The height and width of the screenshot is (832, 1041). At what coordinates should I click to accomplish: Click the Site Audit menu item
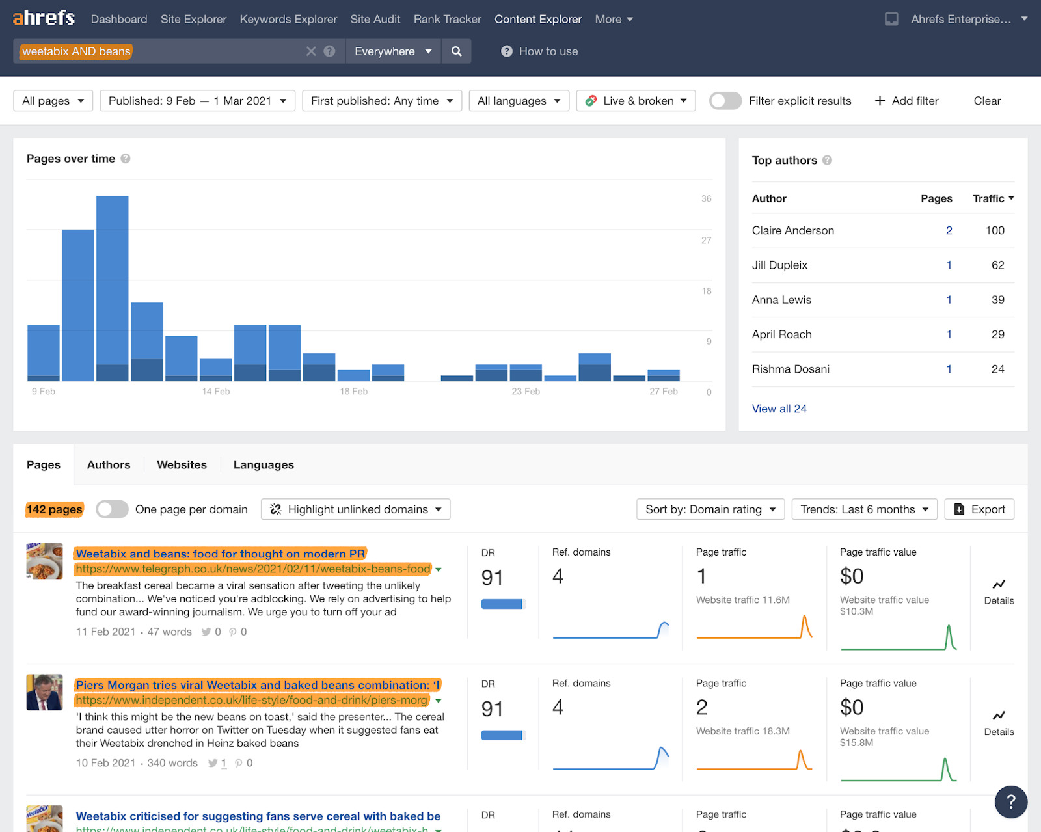click(x=375, y=20)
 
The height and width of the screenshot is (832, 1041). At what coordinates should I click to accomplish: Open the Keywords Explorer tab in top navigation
click(x=288, y=20)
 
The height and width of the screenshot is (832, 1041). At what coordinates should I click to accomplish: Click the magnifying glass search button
click(x=457, y=51)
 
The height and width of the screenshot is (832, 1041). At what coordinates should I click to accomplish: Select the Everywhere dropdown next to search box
click(x=392, y=51)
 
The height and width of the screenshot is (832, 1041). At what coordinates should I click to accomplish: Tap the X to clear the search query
click(x=311, y=51)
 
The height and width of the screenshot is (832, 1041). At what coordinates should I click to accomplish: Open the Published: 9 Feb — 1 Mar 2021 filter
click(x=197, y=101)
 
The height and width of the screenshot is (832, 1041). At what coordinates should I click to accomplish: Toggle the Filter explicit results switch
click(x=725, y=101)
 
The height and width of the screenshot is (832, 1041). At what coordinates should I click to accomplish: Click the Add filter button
click(x=907, y=101)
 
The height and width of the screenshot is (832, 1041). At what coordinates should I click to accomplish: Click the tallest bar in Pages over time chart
click(x=112, y=286)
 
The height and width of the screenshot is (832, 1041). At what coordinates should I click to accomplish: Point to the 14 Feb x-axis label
click(x=216, y=392)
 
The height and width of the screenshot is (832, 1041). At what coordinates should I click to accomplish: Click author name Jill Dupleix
click(x=779, y=265)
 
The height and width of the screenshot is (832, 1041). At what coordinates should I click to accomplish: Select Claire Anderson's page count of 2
click(x=949, y=231)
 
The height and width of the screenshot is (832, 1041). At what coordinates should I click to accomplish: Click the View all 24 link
click(x=779, y=409)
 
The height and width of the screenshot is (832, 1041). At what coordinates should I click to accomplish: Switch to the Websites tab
click(x=182, y=465)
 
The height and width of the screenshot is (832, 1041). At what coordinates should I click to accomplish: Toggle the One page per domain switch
click(x=112, y=509)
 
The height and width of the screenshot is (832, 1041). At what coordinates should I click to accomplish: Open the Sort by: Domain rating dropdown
click(x=710, y=509)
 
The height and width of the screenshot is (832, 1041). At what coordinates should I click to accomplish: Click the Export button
click(x=979, y=509)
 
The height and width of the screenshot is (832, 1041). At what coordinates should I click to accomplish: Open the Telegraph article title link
click(x=220, y=554)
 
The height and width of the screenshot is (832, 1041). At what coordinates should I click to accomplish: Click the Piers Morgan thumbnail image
click(x=44, y=692)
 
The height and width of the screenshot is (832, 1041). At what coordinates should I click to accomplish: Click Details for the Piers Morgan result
click(x=999, y=722)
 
